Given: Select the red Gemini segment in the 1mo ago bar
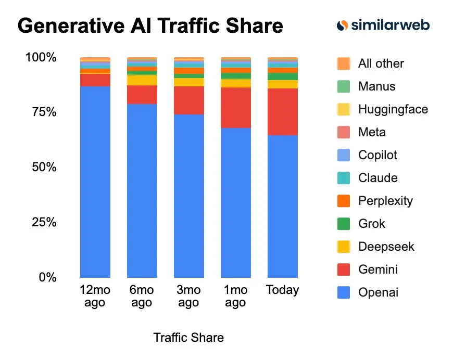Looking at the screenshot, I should coord(236,108).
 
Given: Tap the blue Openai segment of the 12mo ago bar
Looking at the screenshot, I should coord(95,182).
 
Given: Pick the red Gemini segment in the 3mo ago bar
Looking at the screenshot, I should coord(189,100).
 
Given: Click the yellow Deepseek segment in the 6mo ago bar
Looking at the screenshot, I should coord(142,80).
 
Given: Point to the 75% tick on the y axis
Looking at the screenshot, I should coord(41,112).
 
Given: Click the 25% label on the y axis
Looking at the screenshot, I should coord(41,222).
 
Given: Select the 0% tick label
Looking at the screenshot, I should coord(46,277).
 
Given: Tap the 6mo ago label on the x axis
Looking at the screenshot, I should coord(142,296).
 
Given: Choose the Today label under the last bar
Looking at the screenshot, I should coord(283,290).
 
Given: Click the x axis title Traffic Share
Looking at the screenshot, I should coord(188,338).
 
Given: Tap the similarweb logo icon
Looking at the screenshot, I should coord(343,25).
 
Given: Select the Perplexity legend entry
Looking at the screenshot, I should coord(385,201).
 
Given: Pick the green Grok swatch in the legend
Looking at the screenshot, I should coord(344,224).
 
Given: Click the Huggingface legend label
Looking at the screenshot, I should coord(393,109).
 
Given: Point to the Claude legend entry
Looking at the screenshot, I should coord(378,178).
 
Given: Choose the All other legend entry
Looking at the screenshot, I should coord(381,63).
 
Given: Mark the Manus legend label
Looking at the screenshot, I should coord(376,86).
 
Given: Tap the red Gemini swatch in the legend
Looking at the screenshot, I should coord(344,269).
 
